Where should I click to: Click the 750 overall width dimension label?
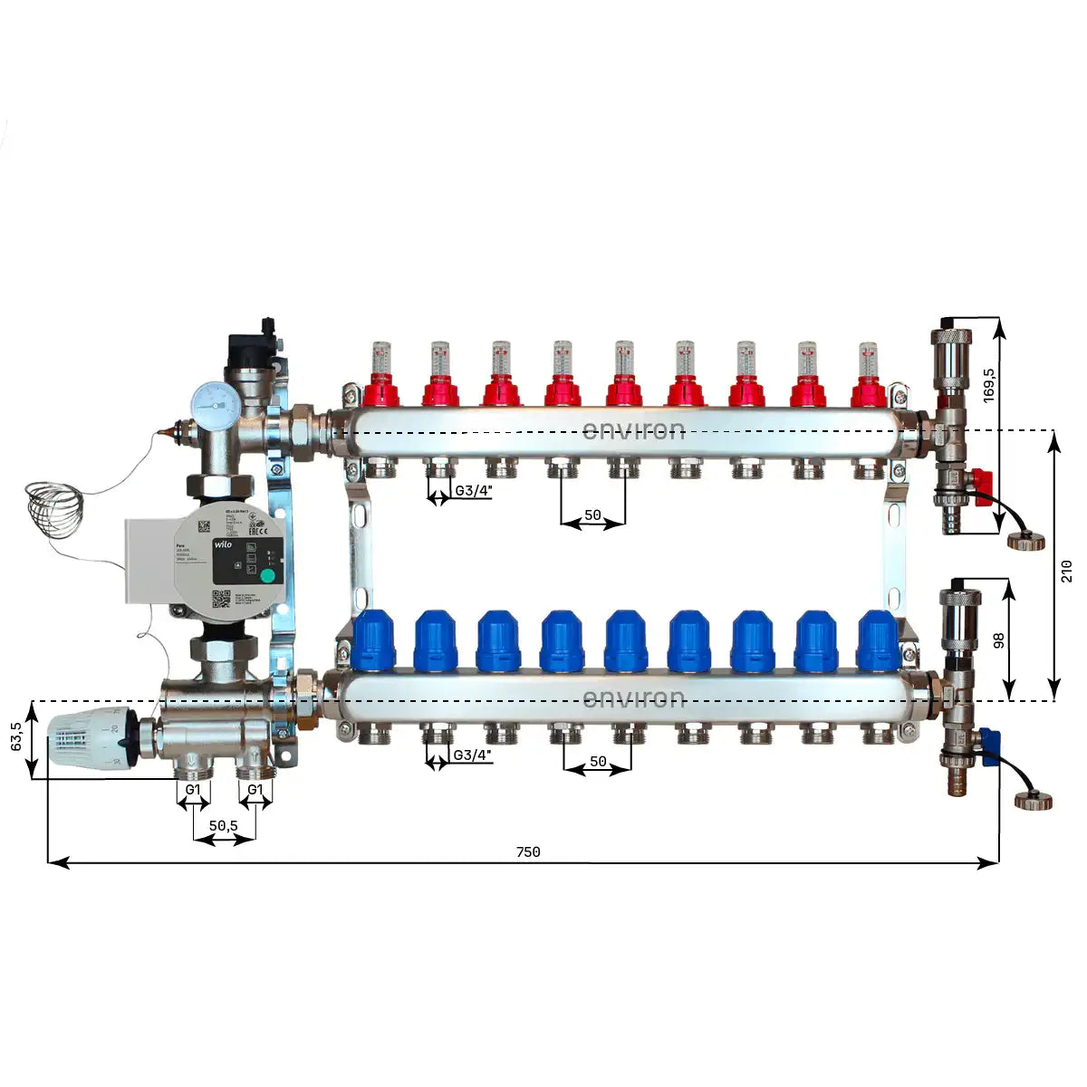coord(528,851)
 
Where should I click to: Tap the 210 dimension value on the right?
coord(1066,571)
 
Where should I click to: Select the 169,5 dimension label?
coord(989,384)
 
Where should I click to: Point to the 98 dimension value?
coord(999,640)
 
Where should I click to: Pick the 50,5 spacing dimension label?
coord(223,825)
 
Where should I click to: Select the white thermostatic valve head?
coord(88,738)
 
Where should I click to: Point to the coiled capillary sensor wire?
coord(53,509)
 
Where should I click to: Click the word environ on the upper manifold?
coord(633,429)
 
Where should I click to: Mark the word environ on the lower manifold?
coord(633,698)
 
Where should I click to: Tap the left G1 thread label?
coord(193,790)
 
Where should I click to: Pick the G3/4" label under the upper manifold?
coord(473,491)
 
